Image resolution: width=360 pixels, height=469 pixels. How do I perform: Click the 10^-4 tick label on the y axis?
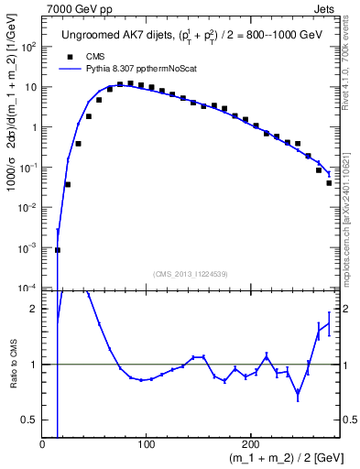click(27, 288)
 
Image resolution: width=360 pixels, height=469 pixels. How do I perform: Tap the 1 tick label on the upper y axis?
click(34, 127)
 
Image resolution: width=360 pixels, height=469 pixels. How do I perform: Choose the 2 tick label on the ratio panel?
click(34, 309)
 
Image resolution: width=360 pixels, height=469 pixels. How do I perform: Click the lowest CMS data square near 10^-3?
click(58, 249)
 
